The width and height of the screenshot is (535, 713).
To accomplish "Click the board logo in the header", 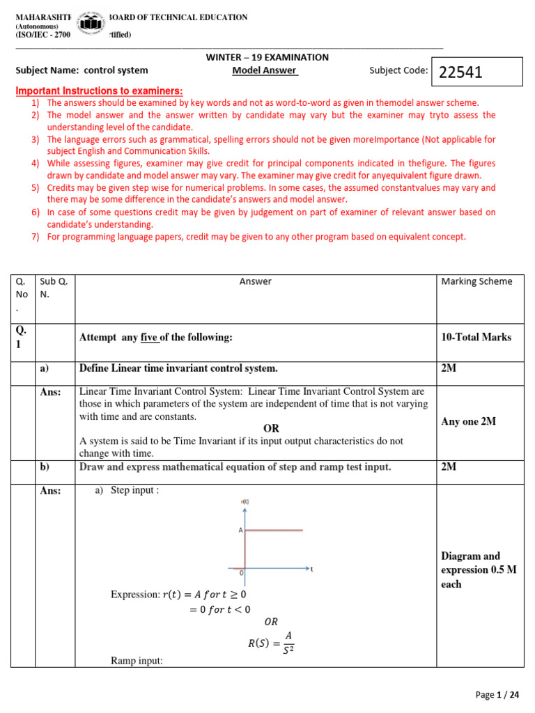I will [90, 25].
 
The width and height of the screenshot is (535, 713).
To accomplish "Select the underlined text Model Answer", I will [265, 70].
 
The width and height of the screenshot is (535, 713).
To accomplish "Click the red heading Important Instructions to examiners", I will [100, 91].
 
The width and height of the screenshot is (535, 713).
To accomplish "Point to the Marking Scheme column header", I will [476, 281].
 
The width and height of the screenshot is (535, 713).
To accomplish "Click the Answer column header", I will [256, 281].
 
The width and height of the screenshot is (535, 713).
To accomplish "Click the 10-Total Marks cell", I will [476, 337].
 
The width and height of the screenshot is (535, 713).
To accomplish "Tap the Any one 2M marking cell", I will [469, 421].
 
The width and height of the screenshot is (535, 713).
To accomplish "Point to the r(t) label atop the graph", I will [244, 501].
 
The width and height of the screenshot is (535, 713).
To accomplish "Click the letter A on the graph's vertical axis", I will [240, 530].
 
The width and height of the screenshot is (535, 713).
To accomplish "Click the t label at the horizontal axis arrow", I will [311, 569].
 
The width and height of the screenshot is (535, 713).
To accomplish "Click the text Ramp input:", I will [137, 660].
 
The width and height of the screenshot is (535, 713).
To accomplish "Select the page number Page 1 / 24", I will [497, 694].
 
